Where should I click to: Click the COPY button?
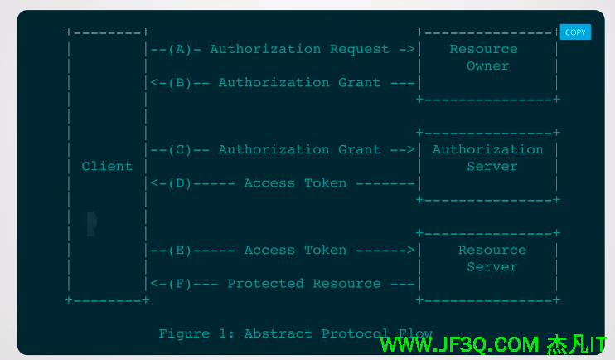tap(575, 32)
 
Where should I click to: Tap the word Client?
tap(107, 166)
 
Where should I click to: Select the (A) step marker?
tap(181, 49)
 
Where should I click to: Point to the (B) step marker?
tap(181, 82)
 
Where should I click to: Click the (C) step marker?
tap(181, 149)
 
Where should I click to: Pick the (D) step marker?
tap(181, 182)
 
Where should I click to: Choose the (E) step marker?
tap(181, 250)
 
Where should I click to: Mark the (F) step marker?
tap(181, 283)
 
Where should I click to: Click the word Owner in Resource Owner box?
tap(488, 66)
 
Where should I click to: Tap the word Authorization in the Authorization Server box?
tap(488, 149)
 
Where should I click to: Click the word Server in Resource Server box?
tap(492, 266)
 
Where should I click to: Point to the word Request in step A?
tap(360, 49)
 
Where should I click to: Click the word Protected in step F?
tap(265, 283)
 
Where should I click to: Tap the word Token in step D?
tap(326, 182)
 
